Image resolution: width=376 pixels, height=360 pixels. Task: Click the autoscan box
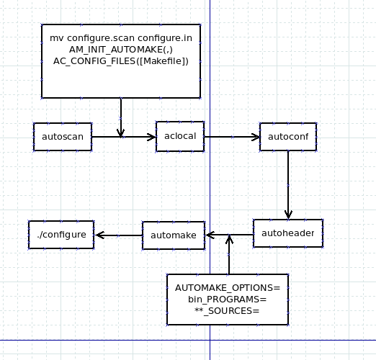(63, 137)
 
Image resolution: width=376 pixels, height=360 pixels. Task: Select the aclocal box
(180, 136)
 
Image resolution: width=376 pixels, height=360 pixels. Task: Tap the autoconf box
(288, 137)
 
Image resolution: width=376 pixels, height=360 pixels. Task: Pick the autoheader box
(288, 233)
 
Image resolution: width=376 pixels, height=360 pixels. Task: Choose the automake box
(174, 235)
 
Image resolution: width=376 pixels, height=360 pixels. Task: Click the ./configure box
(61, 235)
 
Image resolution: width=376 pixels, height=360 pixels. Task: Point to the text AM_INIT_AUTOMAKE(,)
(121, 50)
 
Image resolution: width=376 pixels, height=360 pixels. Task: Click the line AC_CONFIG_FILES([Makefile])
(121, 61)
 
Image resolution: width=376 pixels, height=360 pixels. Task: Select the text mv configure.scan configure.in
(121, 38)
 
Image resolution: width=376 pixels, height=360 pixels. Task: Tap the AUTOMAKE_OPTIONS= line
(228, 288)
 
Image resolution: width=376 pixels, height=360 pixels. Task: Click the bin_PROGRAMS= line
(228, 300)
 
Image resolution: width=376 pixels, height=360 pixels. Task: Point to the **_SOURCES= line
(227, 311)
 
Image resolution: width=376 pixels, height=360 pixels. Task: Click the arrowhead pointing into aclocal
(151, 137)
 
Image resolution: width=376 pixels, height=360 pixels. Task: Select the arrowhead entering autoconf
(256, 138)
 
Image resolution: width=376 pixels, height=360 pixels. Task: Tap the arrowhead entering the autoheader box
(288, 215)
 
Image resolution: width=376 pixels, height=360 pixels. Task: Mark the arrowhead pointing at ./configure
(99, 235)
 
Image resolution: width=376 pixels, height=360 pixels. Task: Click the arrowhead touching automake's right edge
(210, 235)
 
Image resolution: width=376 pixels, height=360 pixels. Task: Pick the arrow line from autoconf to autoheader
(288, 185)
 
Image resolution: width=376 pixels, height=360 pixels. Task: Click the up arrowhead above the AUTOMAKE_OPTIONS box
(229, 240)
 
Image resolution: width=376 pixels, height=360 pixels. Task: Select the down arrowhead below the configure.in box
(120, 132)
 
